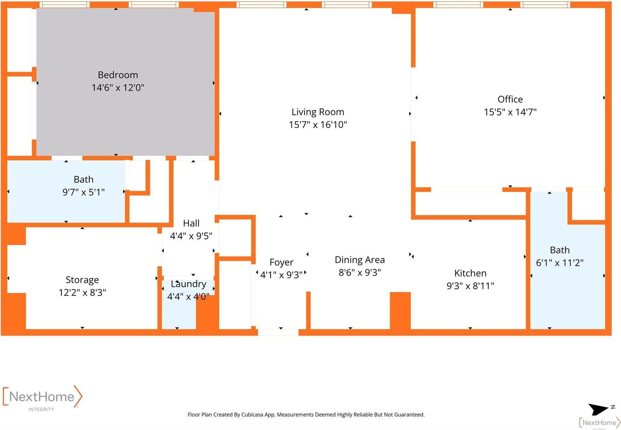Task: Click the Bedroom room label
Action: (x=118, y=75)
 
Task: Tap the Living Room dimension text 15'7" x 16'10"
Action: (x=317, y=125)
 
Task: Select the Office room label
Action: (x=510, y=99)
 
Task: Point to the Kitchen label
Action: (x=470, y=273)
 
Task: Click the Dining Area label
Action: (x=359, y=260)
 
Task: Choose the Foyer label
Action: (x=281, y=262)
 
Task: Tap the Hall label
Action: (x=191, y=223)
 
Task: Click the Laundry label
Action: (x=188, y=284)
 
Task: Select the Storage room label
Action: (x=82, y=280)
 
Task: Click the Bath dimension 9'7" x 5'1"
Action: (x=83, y=192)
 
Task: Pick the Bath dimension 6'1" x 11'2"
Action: (x=559, y=263)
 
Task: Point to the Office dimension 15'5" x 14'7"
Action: (x=510, y=112)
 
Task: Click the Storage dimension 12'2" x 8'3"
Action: (x=82, y=292)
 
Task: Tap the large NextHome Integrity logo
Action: (x=42, y=397)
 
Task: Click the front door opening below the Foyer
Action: (x=278, y=332)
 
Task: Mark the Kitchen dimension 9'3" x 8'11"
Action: (x=470, y=286)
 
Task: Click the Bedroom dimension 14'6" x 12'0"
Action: (x=118, y=88)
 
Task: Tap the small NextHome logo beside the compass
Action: (x=599, y=423)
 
